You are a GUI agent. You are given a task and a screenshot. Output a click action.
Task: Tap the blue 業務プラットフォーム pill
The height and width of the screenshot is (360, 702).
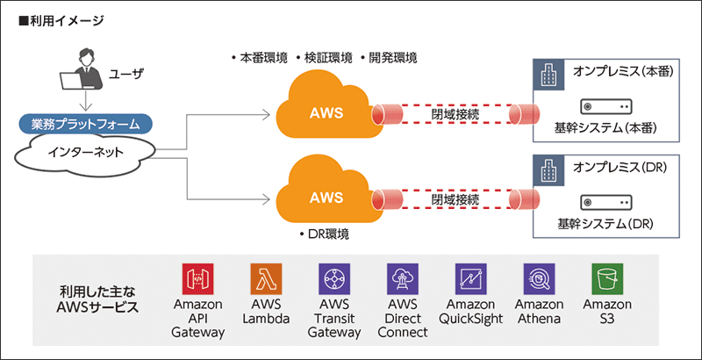[86, 123]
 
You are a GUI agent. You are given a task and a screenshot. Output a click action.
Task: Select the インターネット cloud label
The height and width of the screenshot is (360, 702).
[86, 155]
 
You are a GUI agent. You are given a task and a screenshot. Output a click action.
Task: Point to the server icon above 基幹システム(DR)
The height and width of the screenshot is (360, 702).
[606, 200]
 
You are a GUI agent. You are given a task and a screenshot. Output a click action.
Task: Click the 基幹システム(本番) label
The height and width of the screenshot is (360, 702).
[606, 129]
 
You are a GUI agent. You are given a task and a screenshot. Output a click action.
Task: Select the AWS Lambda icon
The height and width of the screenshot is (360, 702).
[267, 279]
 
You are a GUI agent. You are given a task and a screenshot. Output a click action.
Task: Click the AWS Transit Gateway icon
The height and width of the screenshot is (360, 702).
[335, 279]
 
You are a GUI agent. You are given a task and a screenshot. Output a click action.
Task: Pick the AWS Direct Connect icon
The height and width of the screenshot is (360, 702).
[403, 279]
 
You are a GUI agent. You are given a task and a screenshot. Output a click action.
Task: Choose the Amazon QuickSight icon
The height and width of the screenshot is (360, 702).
[470, 279]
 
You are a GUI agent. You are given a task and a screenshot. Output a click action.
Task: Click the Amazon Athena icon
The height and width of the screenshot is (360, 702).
[539, 279]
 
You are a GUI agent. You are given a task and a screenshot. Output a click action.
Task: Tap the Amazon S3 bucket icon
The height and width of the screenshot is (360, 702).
[607, 279]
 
